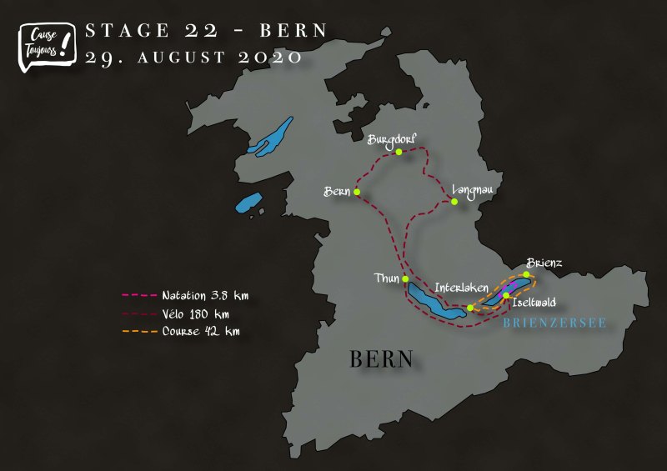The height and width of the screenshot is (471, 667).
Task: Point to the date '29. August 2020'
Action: click(x=193, y=58)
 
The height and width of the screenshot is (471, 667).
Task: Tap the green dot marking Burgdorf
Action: click(x=399, y=153)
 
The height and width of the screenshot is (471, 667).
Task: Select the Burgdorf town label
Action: click(x=392, y=139)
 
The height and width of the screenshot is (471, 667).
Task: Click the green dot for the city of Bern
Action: click(x=357, y=193)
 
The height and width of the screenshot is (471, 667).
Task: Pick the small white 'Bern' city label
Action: click(x=336, y=192)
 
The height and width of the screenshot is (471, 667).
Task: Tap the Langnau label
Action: click(x=473, y=190)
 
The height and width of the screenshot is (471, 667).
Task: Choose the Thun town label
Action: click(x=389, y=279)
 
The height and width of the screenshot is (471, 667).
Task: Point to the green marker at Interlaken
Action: click(x=471, y=308)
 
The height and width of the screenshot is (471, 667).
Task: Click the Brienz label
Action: click(x=544, y=263)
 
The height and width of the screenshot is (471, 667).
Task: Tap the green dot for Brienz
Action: click(x=527, y=274)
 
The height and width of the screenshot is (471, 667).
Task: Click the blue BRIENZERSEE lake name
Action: click(x=554, y=322)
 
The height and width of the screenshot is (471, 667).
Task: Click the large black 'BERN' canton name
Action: click(x=381, y=359)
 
